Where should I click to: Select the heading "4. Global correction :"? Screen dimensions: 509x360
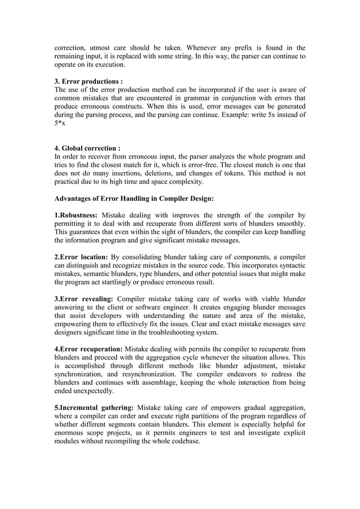[x=87, y=148]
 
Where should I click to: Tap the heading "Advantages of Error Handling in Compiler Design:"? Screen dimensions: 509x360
[x=134, y=199]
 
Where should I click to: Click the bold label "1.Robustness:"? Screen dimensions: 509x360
[x=76, y=216]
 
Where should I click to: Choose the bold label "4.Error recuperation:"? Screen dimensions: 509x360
[x=88, y=349]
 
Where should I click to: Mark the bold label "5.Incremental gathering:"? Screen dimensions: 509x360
[x=94, y=407]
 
